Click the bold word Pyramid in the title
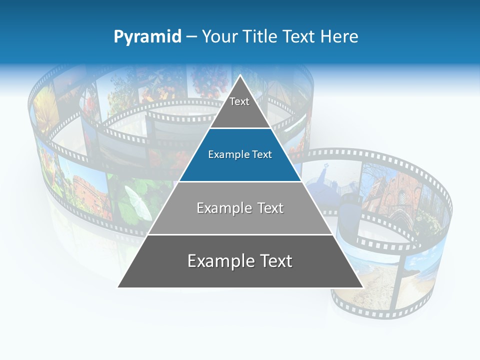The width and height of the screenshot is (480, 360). [x=147, y=37]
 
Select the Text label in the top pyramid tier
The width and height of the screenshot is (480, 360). [x=239, y=101]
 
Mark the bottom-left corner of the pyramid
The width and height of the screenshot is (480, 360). [x=118, y=287]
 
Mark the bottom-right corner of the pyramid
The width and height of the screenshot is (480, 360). [x=362, y=287]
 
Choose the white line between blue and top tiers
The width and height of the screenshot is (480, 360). [x=240, y=128]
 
